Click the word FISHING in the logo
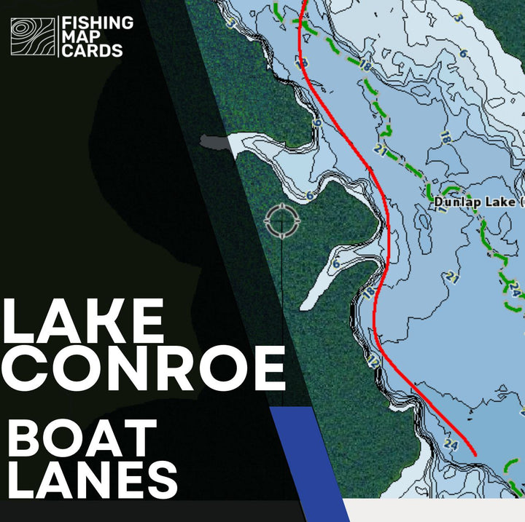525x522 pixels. (98, 23)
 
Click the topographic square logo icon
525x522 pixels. (33, 36)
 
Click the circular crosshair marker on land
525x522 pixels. (280, 221)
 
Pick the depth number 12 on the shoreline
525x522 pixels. (374, 360)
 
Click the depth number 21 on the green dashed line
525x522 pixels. (380, 149)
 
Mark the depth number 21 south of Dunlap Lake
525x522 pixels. (452, 277)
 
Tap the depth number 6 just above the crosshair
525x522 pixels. (309, 195)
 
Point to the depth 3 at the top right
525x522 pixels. (458, 17)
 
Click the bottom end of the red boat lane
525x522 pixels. (475, 455)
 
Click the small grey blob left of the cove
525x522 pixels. (214, 142)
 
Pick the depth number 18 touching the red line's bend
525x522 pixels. (368, 291)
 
